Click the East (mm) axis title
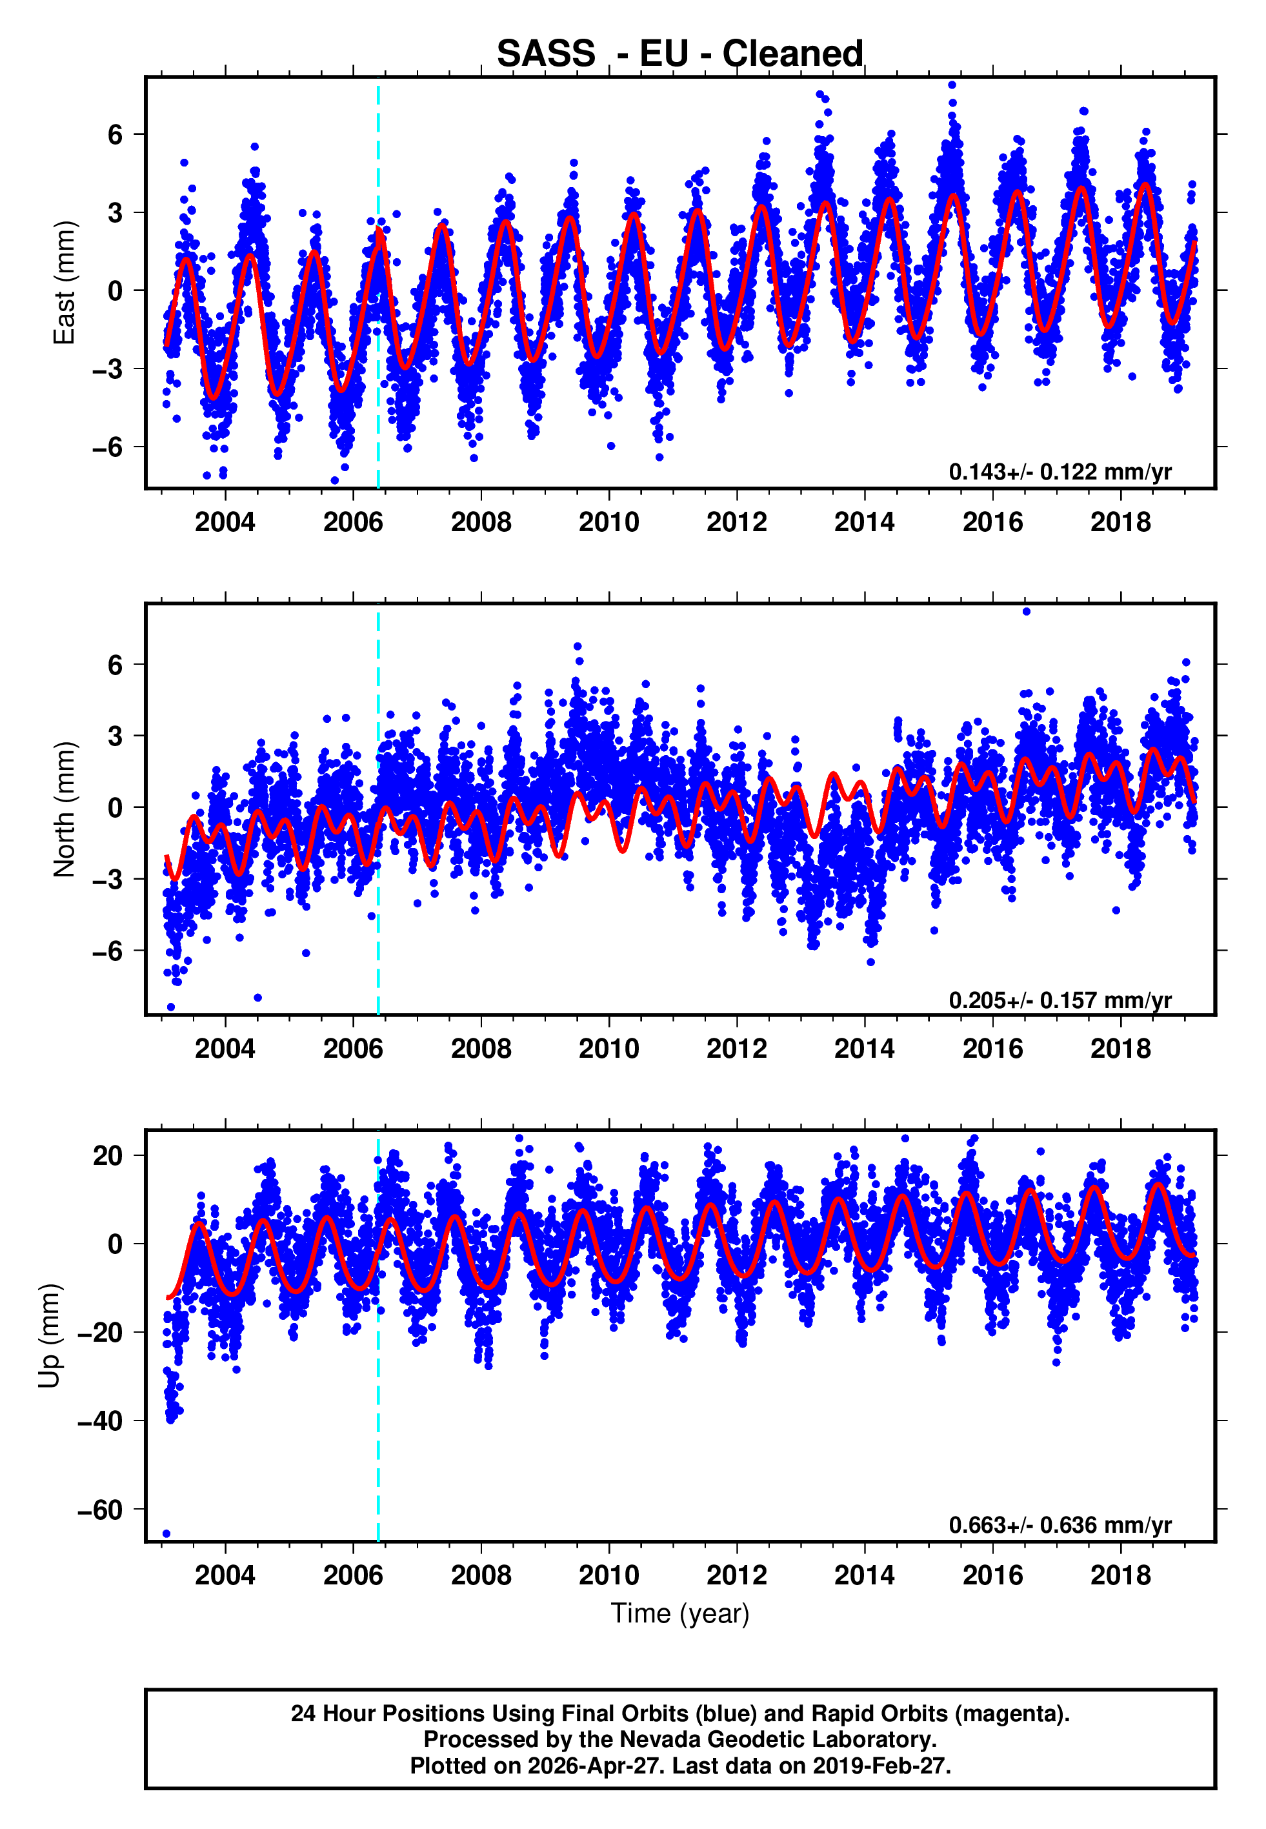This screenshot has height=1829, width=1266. tap(65, 283)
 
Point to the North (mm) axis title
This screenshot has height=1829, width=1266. tap(65, 809)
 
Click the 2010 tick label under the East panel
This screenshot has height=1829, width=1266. tap(608, 522)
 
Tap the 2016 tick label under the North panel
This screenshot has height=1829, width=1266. tap(992, 1049)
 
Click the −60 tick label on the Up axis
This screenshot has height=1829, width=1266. tap(100, 1510)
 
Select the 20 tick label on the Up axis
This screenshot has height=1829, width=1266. tap(108, 1156)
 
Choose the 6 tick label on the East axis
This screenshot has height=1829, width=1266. tap(116, 135)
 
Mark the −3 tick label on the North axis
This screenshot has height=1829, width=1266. tap(108, 879)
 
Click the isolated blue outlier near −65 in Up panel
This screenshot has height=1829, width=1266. tap(166, 1533)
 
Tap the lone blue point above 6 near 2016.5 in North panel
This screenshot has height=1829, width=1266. tap(1026, 612)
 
